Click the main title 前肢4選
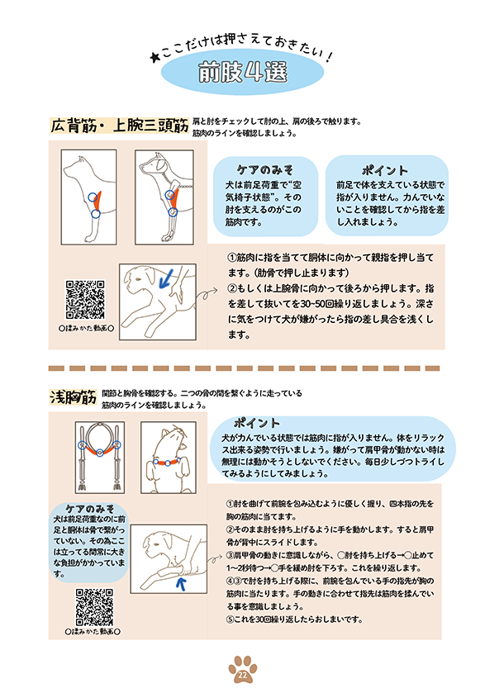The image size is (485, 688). click(x=243, y=72)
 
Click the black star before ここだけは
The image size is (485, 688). click(x=155, y=57)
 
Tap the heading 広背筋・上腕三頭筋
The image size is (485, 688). click(x=119, y=126)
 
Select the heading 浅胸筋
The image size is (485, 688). click(x=73, y=397)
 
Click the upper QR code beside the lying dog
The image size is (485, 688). click(x=86, y=300)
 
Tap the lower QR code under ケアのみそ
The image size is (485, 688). click(x=94, y=607)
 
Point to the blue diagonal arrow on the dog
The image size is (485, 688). click(x=165, y=278)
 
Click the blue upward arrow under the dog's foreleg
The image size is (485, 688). click(x=180, y=584)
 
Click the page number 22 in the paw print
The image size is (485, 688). click(x=242, y=676)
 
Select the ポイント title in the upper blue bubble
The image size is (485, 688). click(x=385, y=170)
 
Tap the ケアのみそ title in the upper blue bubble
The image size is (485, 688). click(x=265, y=170)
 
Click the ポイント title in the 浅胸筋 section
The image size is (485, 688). click(x=257, y=423)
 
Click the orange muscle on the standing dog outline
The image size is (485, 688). click(x=97, y=201)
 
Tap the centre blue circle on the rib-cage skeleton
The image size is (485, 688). click(x=100, y=453)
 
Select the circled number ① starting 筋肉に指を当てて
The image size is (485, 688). click(x=232, y=258)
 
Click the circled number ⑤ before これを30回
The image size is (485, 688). click(x=230, y=619)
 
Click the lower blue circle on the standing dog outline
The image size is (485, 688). click(x=96, y=214)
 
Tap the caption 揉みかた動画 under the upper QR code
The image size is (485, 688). click(x=86, y=328)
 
